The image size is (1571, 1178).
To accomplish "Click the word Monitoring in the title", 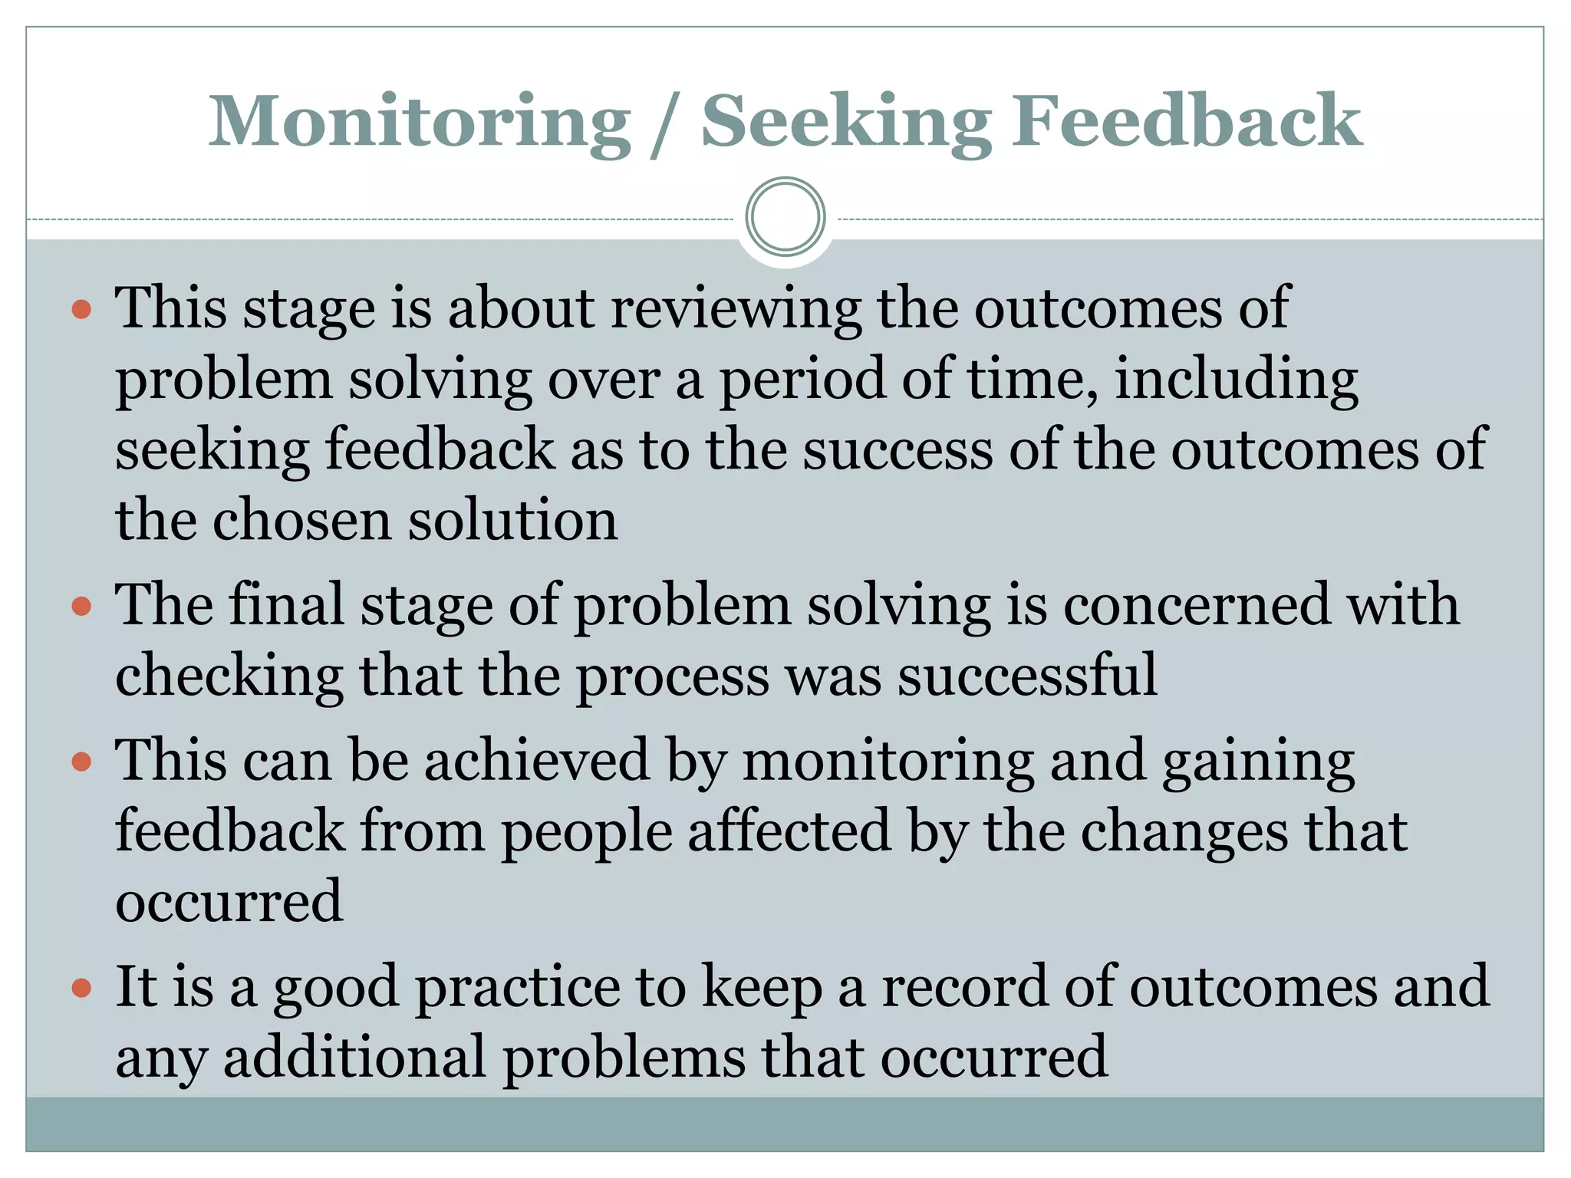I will [x=420, y=121].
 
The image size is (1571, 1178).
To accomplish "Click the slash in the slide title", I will [x=665, y=123].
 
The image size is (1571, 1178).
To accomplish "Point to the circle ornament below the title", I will [x=785, y=217].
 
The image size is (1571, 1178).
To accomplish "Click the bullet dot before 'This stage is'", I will [x=81, y=310].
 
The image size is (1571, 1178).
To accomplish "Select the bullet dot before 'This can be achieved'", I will [x=81, y=762].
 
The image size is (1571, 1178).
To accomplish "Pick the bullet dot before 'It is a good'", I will [x=81, y=988].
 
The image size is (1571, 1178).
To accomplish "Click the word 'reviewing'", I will [x=736, y=308].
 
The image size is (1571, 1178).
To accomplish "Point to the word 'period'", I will [x=802, y=380].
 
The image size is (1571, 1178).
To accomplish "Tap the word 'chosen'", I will [x=301, y=521].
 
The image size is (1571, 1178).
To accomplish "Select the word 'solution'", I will [x=512, y=521].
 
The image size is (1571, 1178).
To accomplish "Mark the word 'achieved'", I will [x=537, y=761].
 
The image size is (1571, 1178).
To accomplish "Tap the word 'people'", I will [x=587, y=832].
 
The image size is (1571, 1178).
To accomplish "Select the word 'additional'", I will [x=355, y=1058].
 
